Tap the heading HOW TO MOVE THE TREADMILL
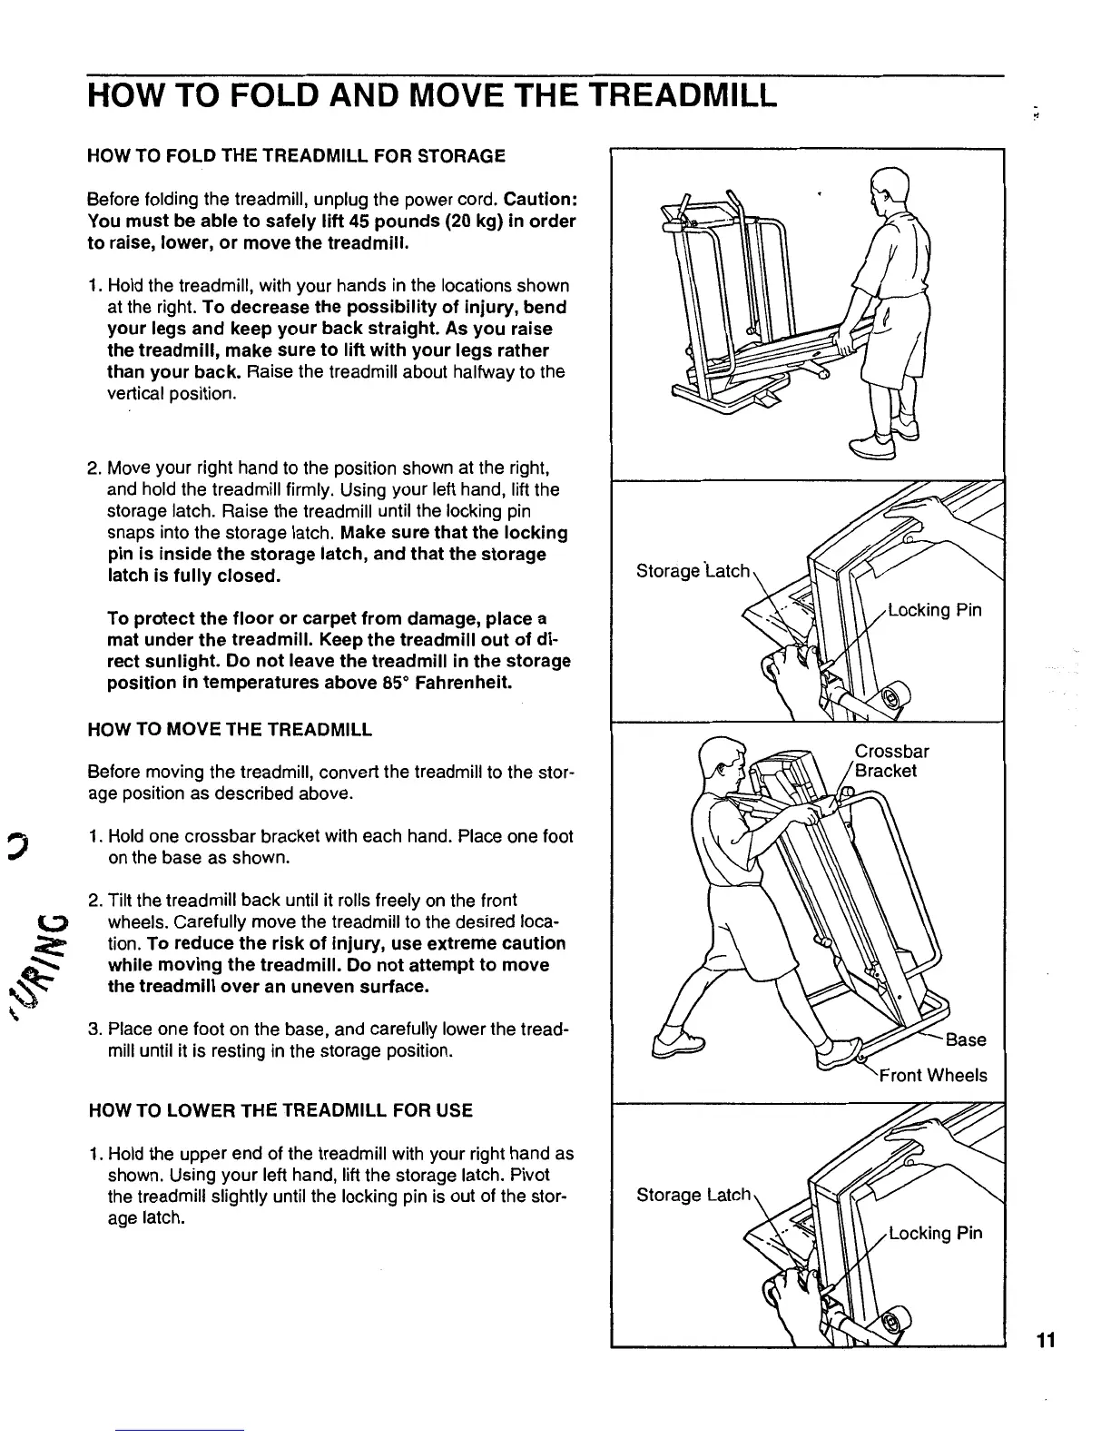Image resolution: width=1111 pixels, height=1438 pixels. pos(230,729)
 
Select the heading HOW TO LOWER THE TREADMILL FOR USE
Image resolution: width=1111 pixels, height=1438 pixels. pos(280,1110)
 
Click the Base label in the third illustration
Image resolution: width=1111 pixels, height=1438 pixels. pos(966,1039)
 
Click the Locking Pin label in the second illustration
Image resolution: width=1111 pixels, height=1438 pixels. pos(934,609)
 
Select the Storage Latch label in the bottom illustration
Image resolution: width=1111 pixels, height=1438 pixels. pos(694,1195)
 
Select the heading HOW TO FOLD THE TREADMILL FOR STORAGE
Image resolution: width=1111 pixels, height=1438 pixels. pos(296,156)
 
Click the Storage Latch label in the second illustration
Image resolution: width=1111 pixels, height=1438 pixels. pos(694,571)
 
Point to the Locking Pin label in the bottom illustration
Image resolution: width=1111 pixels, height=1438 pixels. pos(934,1233)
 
